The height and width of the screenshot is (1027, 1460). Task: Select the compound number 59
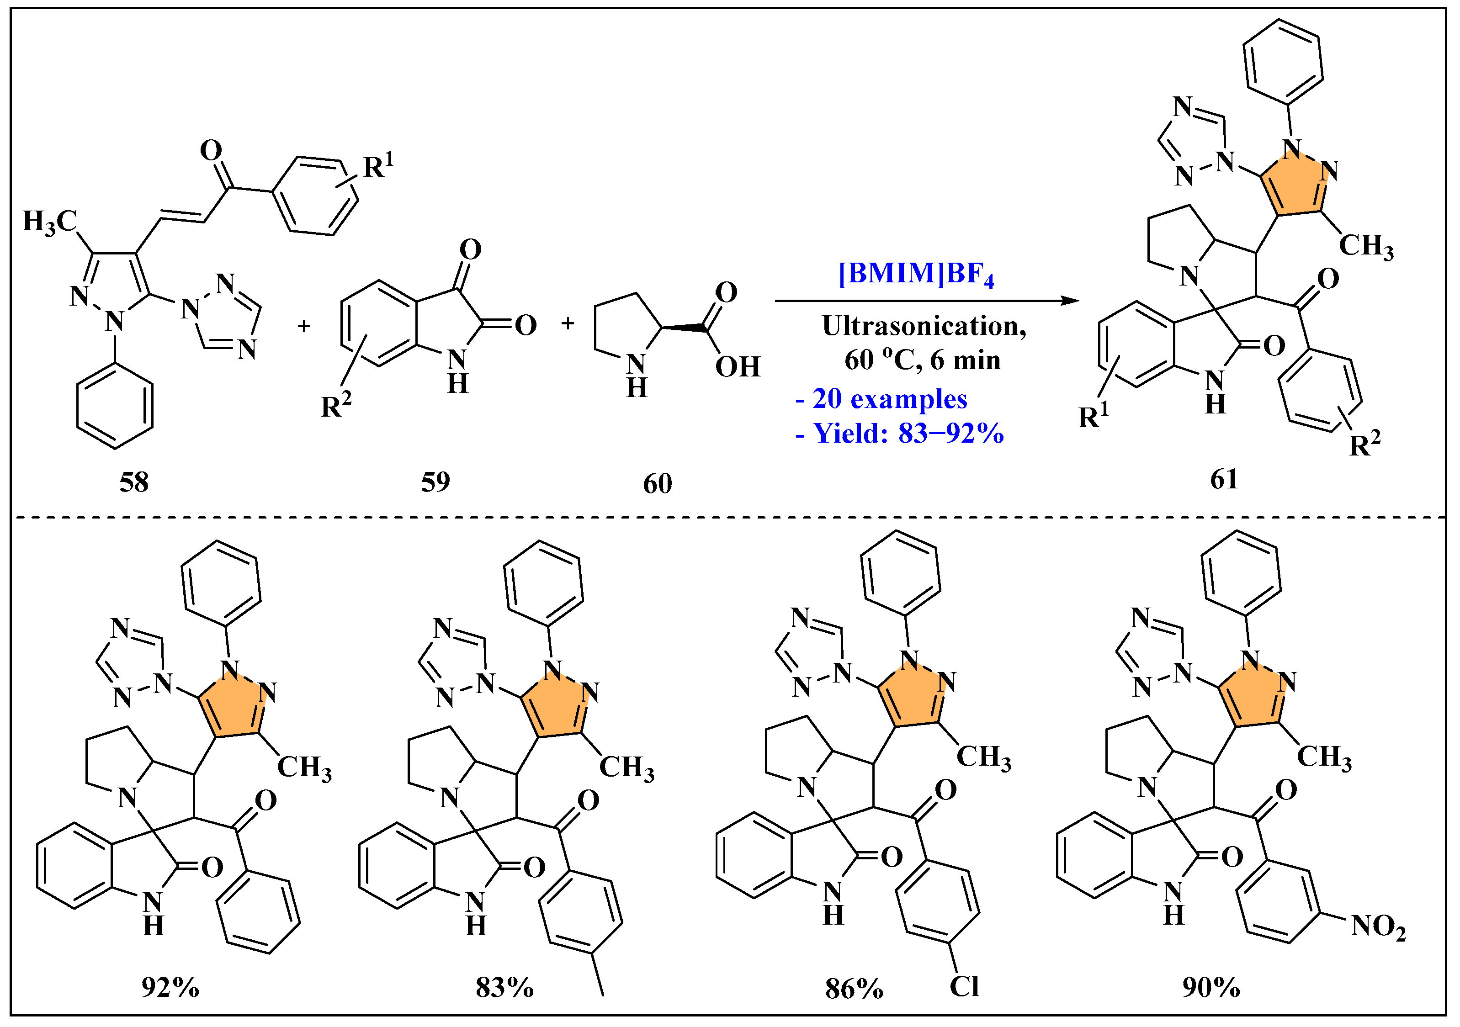pos(435,482)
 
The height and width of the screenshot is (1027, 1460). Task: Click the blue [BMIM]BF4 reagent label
pos(916,274)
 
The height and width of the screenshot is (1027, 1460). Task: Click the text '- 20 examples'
pos(881,399)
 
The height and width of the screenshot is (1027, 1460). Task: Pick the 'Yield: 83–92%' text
pos(908,434)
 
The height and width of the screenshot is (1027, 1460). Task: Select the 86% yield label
pos(854,989)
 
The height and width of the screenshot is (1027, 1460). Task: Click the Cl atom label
pos(964,986)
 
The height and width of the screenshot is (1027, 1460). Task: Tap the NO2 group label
pos(1378,926)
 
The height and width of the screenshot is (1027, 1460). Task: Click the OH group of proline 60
pos(738,367)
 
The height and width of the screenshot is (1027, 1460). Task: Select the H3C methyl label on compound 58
pos(50,222)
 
